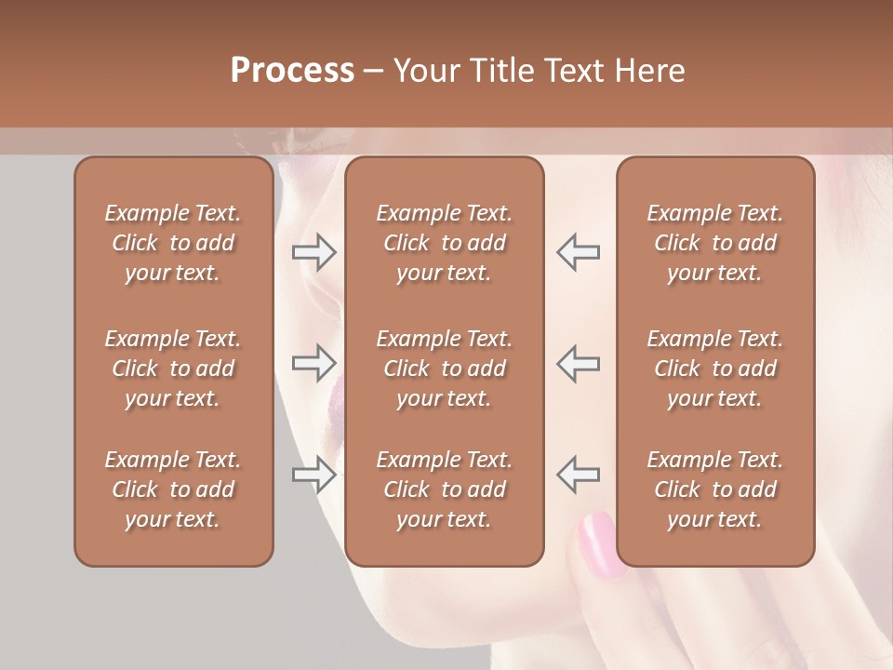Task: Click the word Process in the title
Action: click(x=292, y=71)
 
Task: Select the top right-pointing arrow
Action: click(x=313, y=252)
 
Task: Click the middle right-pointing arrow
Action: click(x=313, y=363)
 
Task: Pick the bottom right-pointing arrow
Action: click(x=313, y=475)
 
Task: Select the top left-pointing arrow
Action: click(x=578, y=252)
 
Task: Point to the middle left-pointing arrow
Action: click(x=578, y=363)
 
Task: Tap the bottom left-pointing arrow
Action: click(x=578, y=475)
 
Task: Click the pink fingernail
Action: click(x=598, y=543)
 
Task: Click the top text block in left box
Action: click(x=173, y=243)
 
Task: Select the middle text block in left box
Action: click(x=173, y=368)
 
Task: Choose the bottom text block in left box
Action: click(x=173, y=489)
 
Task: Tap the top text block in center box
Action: click(x=445, y=243)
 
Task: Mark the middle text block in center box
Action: click(x=445, y=368)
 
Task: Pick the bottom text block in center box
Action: click(x=445, y=489)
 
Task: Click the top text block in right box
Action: click(x=715, y=243)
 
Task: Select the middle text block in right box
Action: click(x=715, y=368)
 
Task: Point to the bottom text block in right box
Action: click(x=715, y=489)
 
